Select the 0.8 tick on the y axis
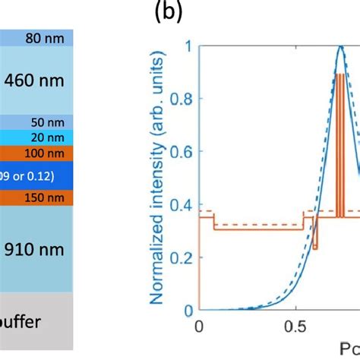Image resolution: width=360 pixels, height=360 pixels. click(181, 99)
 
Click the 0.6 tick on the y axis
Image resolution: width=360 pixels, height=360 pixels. click(181, 152)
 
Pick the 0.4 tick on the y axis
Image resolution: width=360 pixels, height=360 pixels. click(181, 205)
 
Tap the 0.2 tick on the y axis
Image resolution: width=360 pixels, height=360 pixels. click(181, 257)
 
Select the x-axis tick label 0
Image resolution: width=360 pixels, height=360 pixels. click(199, 327)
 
